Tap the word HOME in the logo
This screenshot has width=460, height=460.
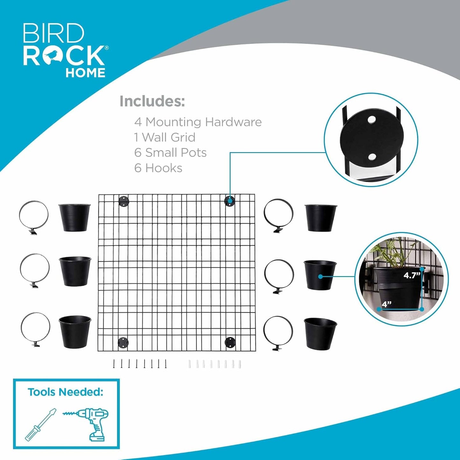85,73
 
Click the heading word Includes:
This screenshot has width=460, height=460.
152,101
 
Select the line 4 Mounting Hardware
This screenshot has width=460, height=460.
198,122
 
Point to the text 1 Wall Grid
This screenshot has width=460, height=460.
165,137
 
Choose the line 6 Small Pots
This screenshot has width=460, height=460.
170,152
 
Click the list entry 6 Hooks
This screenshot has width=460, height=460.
158,168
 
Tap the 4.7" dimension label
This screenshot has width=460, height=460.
412,275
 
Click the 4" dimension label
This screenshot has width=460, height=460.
386,304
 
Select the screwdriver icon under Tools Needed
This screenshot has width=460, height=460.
40,425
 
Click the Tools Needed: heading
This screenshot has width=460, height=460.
65,392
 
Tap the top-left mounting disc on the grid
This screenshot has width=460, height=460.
124,202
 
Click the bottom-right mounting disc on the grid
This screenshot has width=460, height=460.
230,343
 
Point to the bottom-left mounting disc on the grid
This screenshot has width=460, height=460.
123,343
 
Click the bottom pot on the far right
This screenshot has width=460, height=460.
320,333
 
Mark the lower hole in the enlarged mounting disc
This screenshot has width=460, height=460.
372,157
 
